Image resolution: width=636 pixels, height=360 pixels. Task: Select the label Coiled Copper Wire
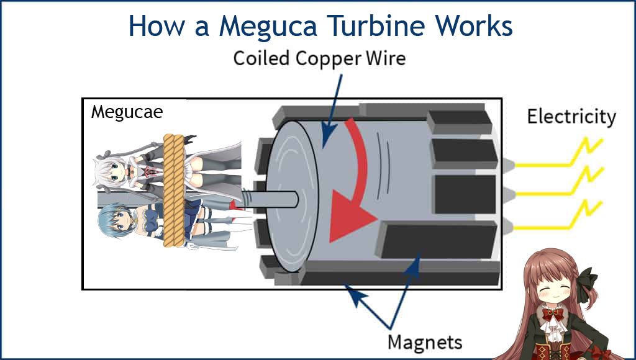(319, 58)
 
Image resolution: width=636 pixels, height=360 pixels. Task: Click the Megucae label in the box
(126, 112)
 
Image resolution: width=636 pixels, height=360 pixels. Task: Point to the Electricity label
(571, 117)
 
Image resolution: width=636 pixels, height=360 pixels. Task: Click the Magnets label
(425, 341)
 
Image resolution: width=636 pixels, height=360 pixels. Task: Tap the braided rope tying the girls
(172, 192)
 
